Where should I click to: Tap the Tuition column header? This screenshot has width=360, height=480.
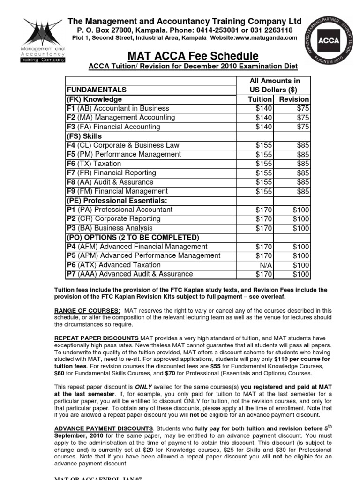(x=260, y=99)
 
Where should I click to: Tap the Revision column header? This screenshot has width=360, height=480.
(x=294, y=99)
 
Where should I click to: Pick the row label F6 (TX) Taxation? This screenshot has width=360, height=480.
(x=94, y=164)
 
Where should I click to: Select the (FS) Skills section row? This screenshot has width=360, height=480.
(x=84, y=136)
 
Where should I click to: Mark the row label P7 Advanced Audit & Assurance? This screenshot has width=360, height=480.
(x=129, y=274)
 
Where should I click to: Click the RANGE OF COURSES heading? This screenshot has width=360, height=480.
(x=87, y=310)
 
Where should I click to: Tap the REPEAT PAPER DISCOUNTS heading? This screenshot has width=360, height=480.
(x=96, y=338)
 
